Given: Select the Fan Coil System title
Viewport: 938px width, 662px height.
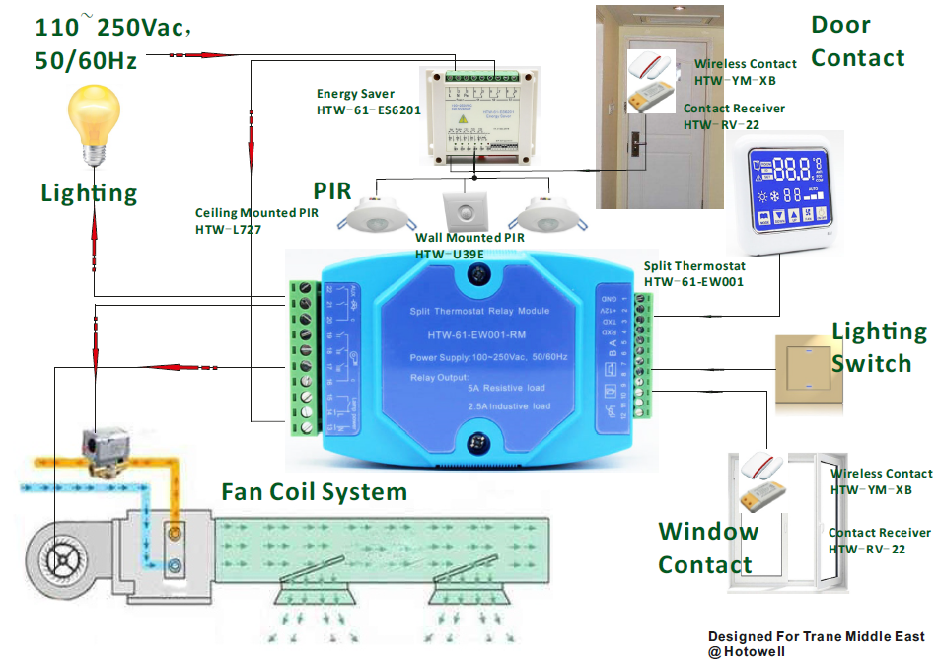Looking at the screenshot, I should click(314, 491).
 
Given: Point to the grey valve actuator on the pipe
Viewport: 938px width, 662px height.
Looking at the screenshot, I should click(106, 449).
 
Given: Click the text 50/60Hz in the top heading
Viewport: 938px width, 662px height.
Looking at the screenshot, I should click(86, 60).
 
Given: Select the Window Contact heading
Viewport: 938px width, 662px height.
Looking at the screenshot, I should click(708, 548).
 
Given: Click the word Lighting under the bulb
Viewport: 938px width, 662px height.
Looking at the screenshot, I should click(89, 192).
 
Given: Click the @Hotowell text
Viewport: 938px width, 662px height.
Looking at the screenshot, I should click(749, 651).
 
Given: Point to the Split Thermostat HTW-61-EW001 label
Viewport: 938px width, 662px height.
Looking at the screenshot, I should click(694, 274).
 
